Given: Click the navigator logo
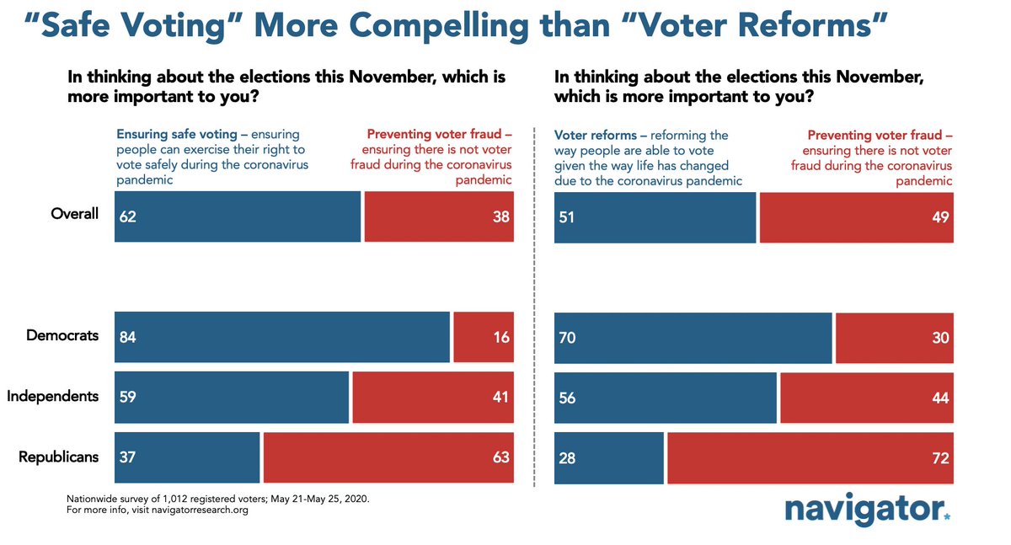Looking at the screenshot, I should [x=867, y=509].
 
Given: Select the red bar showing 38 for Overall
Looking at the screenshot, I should [x=439, y=216].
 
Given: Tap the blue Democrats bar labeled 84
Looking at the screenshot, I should [x=281, y=337].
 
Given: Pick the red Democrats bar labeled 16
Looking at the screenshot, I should [x=484, y=337].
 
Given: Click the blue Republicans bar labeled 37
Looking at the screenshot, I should [x=187, y=458].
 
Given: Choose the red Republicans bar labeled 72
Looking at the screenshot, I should [x=810, y=458].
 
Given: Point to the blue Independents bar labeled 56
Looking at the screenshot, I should [x=665, y=398].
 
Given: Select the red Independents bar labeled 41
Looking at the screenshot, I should [x=433, y=398].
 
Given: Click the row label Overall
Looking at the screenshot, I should [x=75, y=213].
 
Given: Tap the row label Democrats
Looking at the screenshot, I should [x=62, y=335].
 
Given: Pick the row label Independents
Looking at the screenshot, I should [x=53, y=396].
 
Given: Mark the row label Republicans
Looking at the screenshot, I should [x=59, y=457].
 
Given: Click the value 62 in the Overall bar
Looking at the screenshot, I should [x=128, y=216].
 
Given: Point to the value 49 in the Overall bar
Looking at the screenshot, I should [x=940, y=216].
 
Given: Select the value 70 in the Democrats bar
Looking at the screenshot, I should [x=567, y=338].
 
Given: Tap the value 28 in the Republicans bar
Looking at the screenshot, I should [x=567, y=459].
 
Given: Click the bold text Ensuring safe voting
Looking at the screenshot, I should [x=172, y=134].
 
